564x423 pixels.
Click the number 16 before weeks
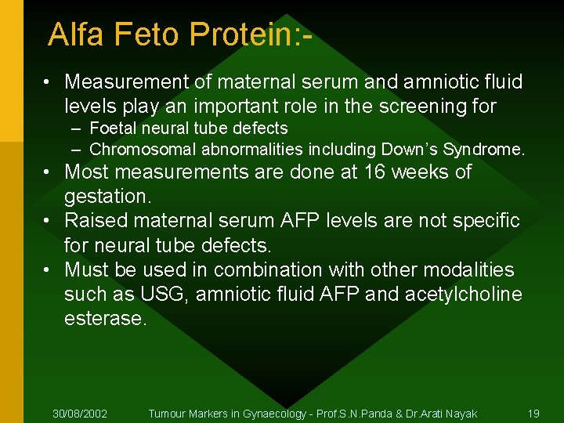372,172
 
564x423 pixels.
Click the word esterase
105,319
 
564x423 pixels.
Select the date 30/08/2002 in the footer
80,413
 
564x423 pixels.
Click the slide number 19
533,413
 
